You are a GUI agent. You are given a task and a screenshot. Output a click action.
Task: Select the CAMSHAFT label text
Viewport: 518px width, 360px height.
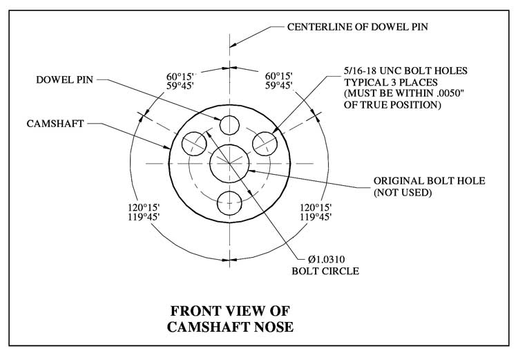click(56, 124)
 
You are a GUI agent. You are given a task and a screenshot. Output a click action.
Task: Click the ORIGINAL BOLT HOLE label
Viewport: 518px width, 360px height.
click(430, 180)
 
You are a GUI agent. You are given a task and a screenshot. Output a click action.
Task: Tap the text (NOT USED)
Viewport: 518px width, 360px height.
click(403, 192)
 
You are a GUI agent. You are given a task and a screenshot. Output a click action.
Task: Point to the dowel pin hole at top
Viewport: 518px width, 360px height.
click(229, 125)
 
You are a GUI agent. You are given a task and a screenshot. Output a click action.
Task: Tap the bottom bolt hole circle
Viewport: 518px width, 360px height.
click(229, 202)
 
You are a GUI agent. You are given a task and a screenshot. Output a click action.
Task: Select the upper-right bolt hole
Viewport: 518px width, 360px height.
click(265, 143)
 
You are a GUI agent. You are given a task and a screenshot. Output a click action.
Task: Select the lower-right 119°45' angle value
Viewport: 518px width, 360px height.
click(316, 217)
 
